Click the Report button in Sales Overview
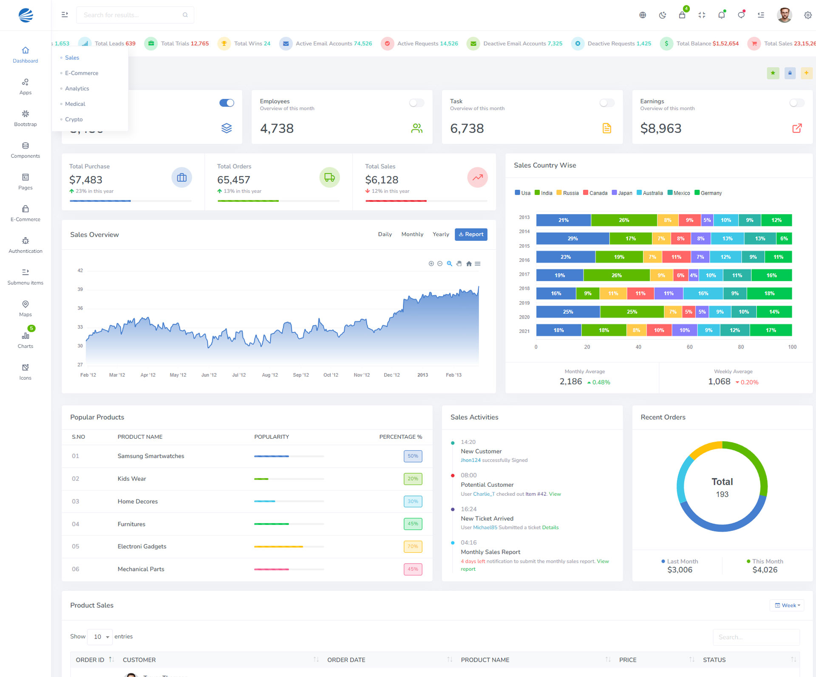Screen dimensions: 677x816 click(x=471, y=234)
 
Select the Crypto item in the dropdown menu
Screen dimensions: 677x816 click(x=74, y=119)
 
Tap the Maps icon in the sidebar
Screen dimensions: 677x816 click(x=25, y=304)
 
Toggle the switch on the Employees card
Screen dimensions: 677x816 click(x=416, y=103)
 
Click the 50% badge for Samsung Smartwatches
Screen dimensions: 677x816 click(x=413, y=456)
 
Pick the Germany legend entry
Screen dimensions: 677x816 click(x=708, y=193)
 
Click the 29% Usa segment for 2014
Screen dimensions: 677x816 click(x=572, y=239)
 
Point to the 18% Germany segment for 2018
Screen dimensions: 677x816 click(x=769, y=293)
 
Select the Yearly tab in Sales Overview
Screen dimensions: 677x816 click(x=441, y=234)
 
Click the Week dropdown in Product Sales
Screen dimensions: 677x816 click(x=787, y=605)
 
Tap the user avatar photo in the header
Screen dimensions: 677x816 click(x=784, y=15)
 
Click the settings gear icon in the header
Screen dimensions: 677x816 click(x=807, y=15)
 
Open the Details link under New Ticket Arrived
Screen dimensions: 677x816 click(x=550, y=527)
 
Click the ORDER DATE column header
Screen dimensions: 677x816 click(x=346, y=660)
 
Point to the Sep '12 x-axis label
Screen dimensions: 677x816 click(x=301, y=375)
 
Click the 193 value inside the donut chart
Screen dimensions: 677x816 click(x=722, y=494)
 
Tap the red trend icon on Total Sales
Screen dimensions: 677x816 click(x=477, y=178)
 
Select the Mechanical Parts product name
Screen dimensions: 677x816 click(x=141, y=569)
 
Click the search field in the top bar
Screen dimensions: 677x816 click(x=132, y=15)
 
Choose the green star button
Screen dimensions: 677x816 click(x=773, y=73)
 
